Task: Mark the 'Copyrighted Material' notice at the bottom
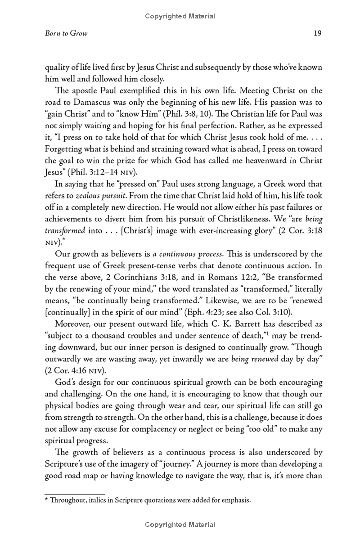tap(180, 525)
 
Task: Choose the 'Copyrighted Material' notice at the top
tap(180, 17)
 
